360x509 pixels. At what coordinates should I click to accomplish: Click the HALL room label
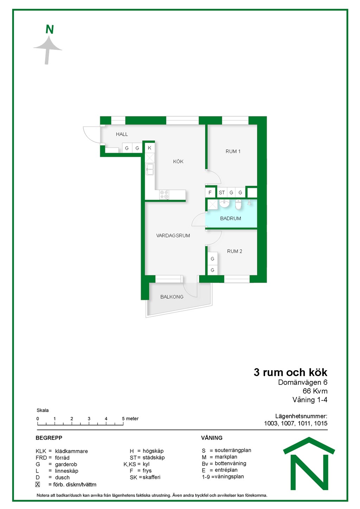122,134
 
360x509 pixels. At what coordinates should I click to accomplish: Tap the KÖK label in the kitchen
178,162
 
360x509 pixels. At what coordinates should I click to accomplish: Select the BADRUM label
231,218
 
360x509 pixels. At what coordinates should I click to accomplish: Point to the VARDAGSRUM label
173,236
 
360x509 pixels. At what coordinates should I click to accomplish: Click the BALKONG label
172,297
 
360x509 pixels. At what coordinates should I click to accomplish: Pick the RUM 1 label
233,152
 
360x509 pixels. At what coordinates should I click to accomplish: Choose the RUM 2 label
234,251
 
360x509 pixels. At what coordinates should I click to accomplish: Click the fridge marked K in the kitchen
149,148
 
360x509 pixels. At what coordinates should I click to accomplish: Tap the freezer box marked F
210,193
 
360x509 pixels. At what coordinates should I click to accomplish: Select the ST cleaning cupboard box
222,193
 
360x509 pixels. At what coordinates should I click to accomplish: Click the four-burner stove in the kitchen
164,195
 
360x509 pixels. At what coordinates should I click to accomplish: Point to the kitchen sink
150,169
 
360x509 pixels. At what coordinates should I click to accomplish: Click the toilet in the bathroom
238,204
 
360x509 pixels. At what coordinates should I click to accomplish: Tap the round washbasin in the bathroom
224,204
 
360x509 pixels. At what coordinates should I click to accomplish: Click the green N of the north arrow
50,29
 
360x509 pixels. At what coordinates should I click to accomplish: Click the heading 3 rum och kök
290,373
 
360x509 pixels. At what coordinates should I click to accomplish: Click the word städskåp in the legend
154,458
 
